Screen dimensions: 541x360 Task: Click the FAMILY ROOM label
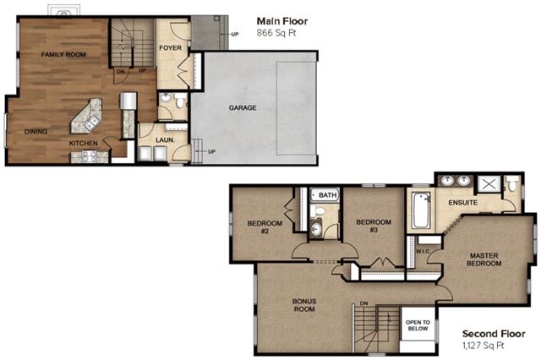[x=63, y=54]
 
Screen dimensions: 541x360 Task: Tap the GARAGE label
[x=243, y=107]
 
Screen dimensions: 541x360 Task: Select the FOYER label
[x=170, y=48]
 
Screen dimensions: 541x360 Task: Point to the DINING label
[x=36, y=131]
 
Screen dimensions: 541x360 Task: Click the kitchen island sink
[x=91, y=122]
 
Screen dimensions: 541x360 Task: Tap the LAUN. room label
[x=165, y=140]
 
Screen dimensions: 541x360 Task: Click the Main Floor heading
[x=282, y=21]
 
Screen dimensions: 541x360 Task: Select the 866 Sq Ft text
[x=276, y=33]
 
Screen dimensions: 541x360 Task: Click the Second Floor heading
[x=494, y=334]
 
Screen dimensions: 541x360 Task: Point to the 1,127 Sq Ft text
[x=484, y=345]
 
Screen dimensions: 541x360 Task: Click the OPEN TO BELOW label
[x=418, y=325]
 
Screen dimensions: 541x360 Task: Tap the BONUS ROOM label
[x=304, y=305]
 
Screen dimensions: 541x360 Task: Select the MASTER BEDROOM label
[x=484, y=259]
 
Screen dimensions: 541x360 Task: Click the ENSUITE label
[x=463, y=203]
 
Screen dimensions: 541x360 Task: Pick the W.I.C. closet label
[x=423, y=251]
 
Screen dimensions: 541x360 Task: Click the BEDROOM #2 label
[x=265, y=226]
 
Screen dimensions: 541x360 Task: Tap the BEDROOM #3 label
[x=374, y=226]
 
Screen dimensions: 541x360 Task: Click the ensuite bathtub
[x=421, y=210]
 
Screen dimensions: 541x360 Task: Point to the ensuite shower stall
[x=489, y=183]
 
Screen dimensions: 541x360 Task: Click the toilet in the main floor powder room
[x=179, y=102]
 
